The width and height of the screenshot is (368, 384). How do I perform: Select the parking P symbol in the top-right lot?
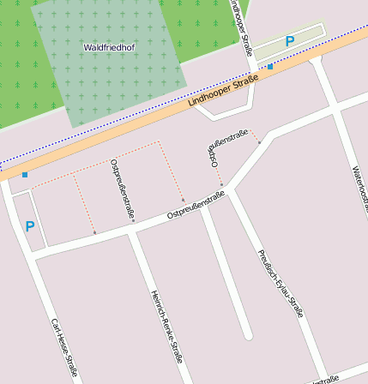[289, 41]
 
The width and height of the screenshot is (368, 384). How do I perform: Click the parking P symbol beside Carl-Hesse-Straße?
[30, 226]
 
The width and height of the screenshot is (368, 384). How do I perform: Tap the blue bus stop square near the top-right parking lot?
[270, 66]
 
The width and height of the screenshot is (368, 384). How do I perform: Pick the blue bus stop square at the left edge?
[25, 175]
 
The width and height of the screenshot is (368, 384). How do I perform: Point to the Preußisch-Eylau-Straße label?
[280, 283]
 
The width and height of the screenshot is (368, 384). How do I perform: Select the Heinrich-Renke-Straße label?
[166, 326]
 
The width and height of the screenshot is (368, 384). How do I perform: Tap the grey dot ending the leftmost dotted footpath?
[94, 232]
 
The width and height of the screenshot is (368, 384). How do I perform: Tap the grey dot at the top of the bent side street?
[259, 142]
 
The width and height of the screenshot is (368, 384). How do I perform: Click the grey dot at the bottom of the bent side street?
[221, 183]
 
